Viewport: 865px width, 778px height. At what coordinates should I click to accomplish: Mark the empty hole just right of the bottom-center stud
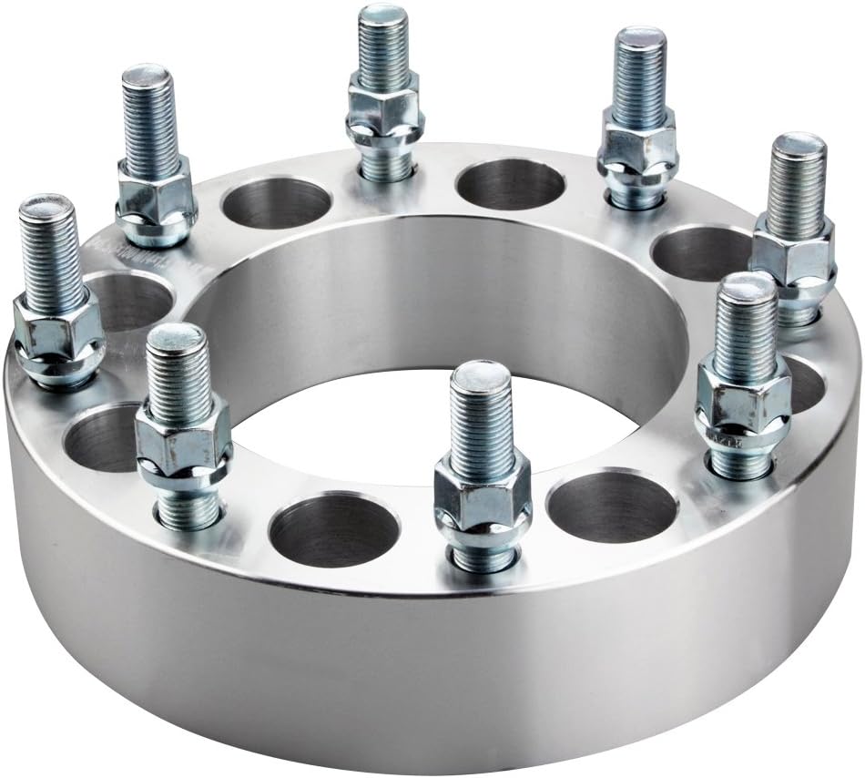click(x=612, y=507)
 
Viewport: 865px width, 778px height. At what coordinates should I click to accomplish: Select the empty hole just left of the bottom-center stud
click(x=334, y=529)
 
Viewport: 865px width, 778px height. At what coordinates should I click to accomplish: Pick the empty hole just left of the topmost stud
click(x=276, y=203)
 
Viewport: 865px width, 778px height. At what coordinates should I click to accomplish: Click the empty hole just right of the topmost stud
click(x=511, y=184)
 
